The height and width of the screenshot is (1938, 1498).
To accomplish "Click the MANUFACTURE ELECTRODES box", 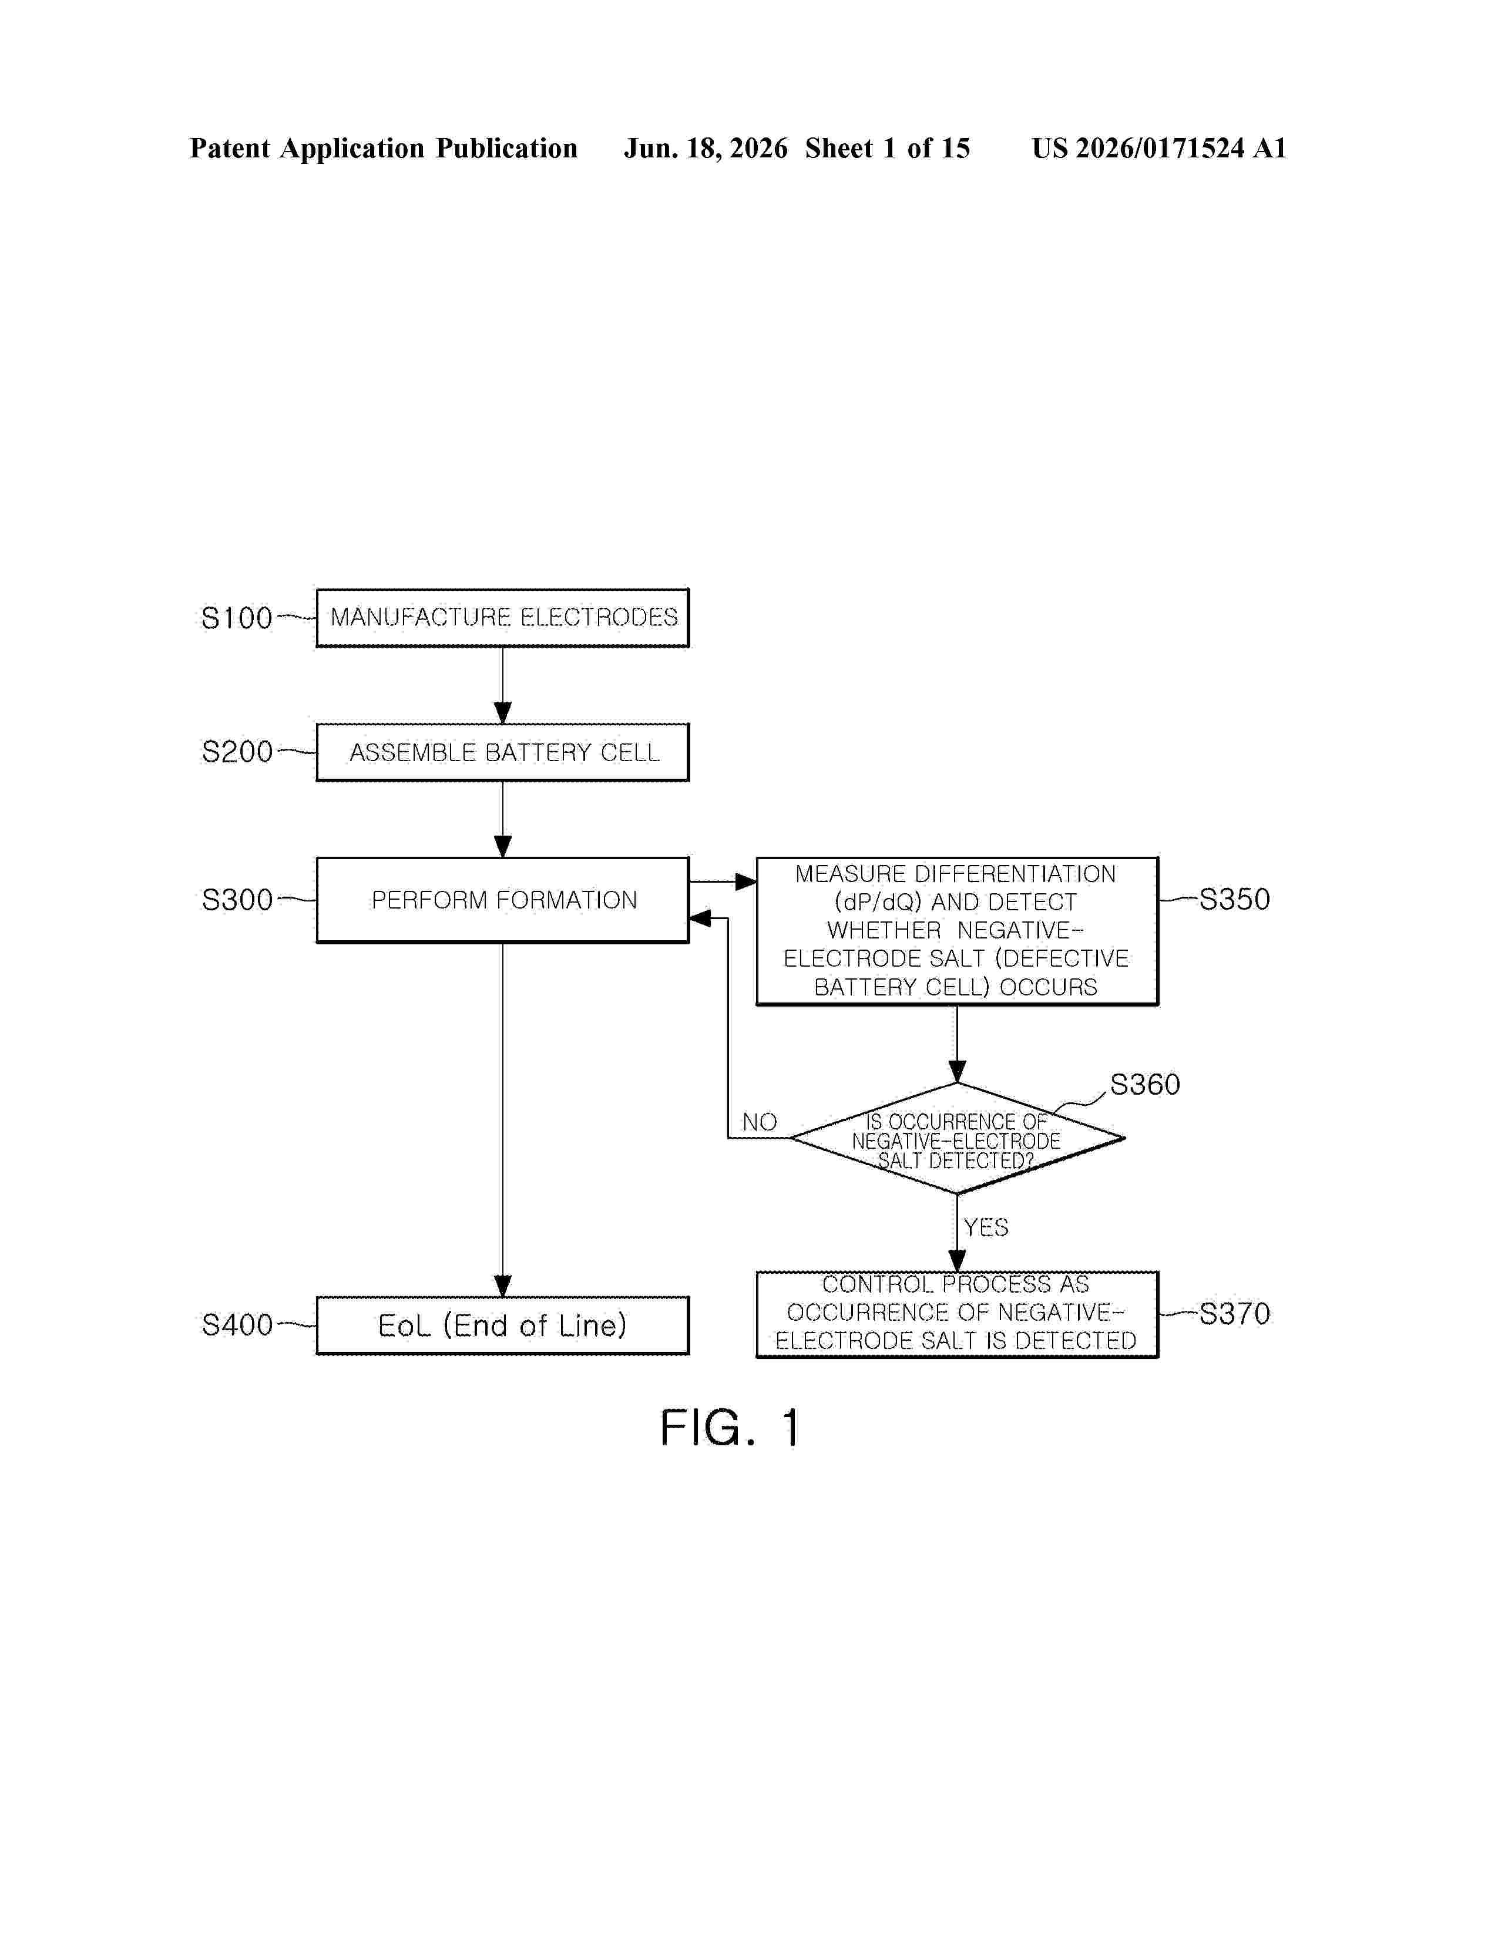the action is [502, 618].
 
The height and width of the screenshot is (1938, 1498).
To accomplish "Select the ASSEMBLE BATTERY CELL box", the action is [502, 752].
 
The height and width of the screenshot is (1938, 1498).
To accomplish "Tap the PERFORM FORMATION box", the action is [502, 900].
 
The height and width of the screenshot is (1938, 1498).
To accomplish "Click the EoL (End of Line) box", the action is [502, 1325].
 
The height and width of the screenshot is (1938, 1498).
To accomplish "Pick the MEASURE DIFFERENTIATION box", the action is [956, 931].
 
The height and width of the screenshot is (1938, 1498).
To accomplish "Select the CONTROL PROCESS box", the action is [956, 1314].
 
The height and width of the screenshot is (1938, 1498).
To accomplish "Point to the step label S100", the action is [237, 618].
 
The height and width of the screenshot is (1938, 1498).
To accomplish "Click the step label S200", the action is [237, 752].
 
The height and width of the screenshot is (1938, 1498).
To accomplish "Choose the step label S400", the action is [237, 1325].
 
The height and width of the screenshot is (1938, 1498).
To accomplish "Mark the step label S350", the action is [1234, 899].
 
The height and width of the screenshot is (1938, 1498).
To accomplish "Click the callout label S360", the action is [1145, 1084].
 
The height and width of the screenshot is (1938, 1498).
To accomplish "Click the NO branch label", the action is [760, 1122].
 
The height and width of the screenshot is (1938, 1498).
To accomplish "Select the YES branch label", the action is [986, 1227].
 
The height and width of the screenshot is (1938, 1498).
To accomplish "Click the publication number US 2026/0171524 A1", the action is [1159, 148].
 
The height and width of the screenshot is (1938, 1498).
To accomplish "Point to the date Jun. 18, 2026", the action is [706, 148].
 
